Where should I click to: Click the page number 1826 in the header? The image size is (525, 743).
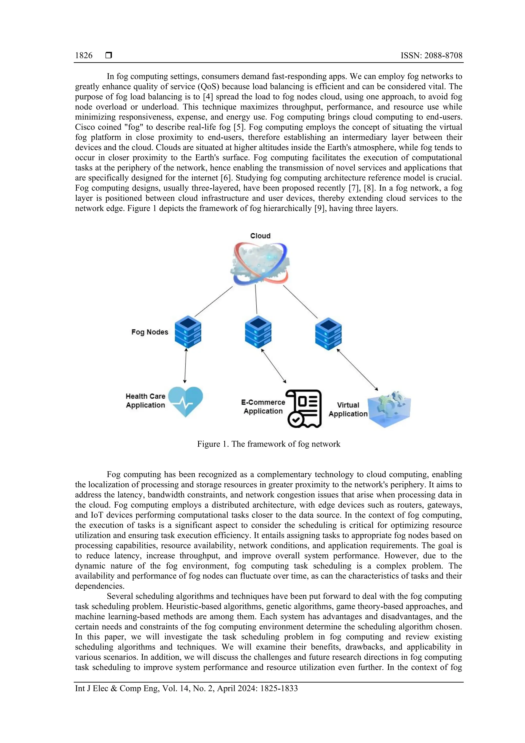84,56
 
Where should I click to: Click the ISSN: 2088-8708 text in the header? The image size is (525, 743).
431,56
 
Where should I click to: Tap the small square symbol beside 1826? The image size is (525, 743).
109,55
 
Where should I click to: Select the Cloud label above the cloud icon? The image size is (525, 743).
260,236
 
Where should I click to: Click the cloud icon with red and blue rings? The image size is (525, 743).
261,263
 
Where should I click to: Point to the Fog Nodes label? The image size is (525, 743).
150,332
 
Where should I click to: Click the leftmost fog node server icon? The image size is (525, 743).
188,332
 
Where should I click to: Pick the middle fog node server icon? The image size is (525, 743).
258,332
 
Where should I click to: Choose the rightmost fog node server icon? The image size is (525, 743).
328,334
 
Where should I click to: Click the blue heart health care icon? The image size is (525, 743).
186,401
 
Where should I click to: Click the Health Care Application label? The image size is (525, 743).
146,401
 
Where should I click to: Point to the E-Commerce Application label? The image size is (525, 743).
263,407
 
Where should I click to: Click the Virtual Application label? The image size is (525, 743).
348,409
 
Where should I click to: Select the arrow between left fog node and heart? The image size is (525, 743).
185,366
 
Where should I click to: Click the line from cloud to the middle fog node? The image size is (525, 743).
256,299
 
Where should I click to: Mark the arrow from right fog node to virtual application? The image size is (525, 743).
357,370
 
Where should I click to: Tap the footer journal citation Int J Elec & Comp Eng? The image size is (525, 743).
186,688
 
